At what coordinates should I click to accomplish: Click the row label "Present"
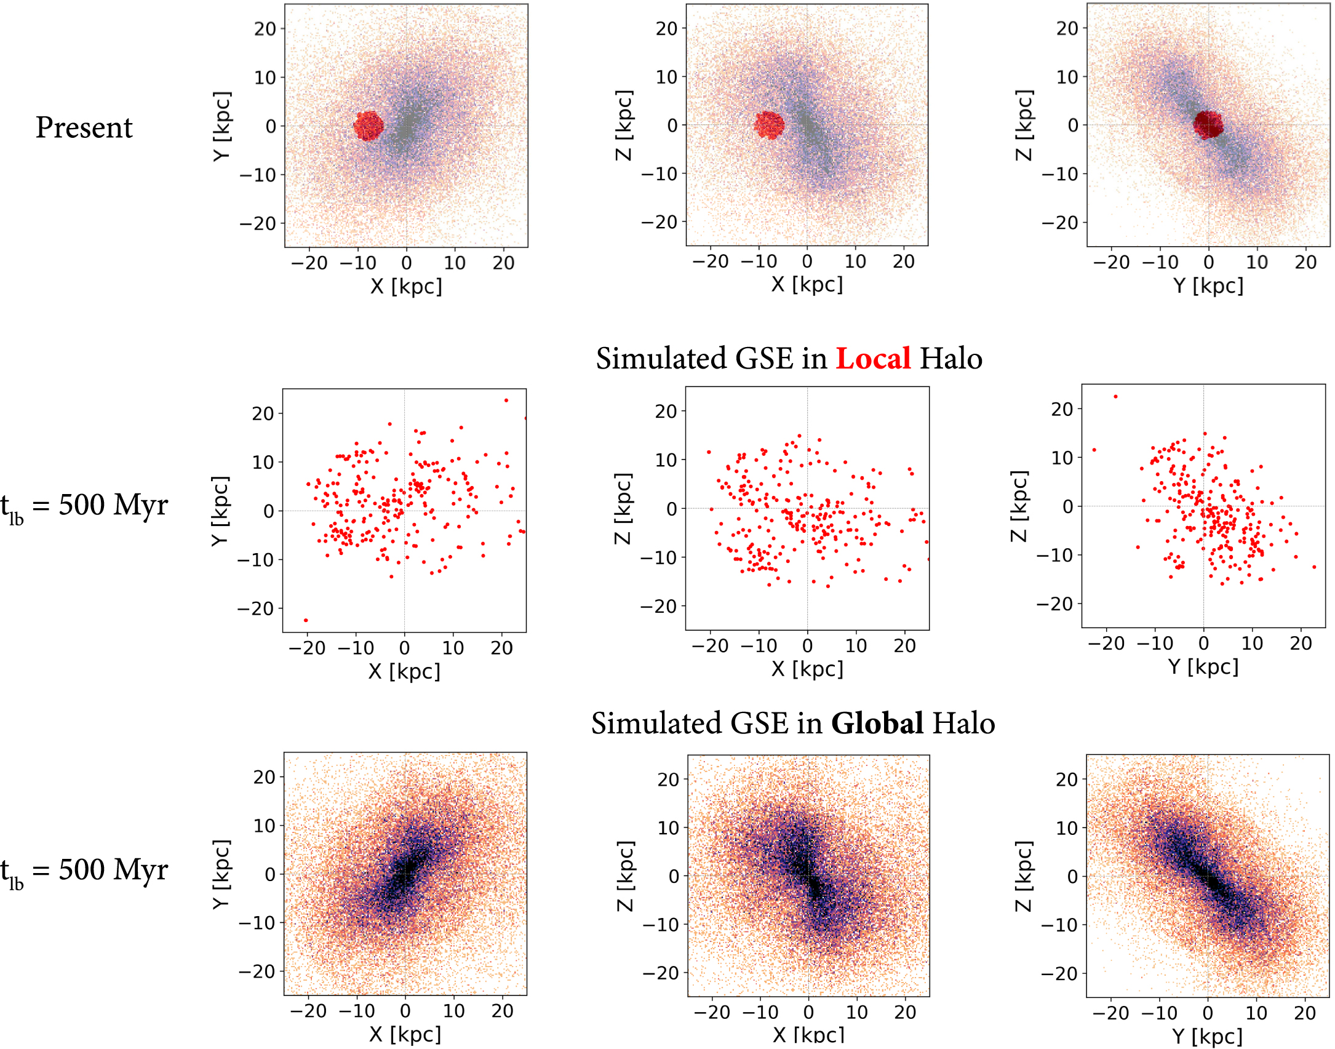[84, 128]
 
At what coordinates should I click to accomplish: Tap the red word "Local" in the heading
[873, 359]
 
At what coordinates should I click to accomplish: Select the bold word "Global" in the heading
[877, 724]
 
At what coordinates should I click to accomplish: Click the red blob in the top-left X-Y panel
[369, 126]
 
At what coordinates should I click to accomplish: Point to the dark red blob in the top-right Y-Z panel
[1208, 124]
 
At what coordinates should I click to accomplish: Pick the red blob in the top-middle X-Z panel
[769, 124]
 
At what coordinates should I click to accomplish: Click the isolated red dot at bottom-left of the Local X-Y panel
[306, 620]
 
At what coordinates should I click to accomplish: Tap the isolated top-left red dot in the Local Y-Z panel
[1115, 397]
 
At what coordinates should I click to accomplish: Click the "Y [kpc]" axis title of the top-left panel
[221, 126]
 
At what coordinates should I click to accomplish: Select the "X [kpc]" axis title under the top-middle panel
[807, 285]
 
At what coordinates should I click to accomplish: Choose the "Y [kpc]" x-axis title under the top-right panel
[1208, 286]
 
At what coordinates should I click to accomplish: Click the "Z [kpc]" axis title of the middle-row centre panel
[623, 509]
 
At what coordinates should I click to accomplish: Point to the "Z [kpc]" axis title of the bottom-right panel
[1023, 876]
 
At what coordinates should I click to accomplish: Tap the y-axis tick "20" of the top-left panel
[266, 29]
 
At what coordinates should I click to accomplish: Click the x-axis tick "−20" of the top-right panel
[1111, 263]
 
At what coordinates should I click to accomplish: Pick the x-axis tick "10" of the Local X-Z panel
[856, 646]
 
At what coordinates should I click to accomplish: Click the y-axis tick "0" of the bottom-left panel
[270, 874]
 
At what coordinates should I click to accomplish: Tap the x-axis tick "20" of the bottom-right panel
[1305, 1013]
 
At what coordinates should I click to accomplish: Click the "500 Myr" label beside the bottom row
[113, 870]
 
